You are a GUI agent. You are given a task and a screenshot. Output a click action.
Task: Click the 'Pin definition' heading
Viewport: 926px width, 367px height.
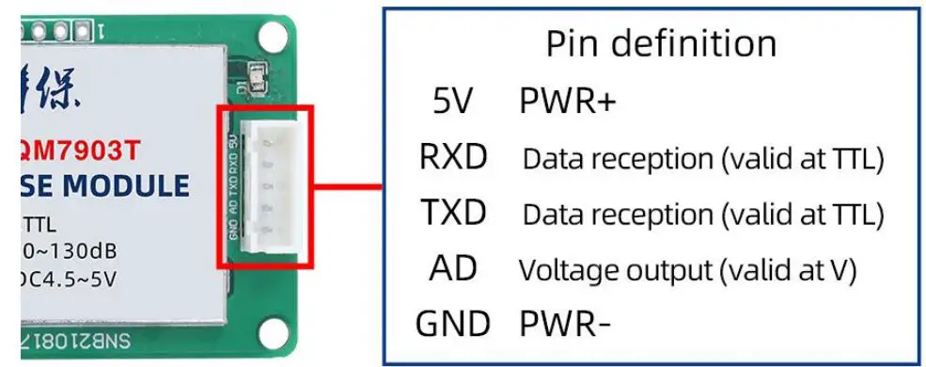[x=661, y=43]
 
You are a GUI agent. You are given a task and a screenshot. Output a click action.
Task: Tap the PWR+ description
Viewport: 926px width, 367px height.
[x=567, y=102]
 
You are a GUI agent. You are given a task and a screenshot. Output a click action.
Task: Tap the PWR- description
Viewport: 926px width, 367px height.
[x=565, y=324]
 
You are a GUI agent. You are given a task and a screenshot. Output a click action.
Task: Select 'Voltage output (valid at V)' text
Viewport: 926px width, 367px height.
[x=687, y=271]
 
